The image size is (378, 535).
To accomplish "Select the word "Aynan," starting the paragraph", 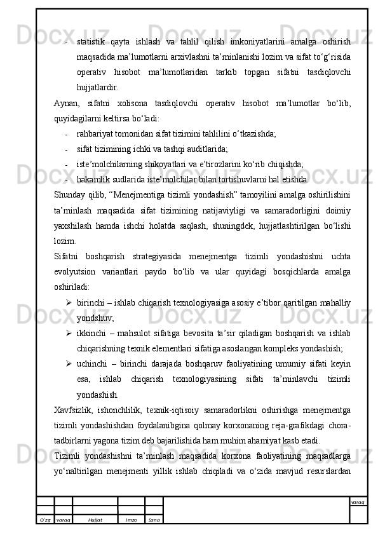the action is (67, 104).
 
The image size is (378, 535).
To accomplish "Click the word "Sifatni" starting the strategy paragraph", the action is (69, 256).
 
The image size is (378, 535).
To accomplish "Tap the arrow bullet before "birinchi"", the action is (67, 302).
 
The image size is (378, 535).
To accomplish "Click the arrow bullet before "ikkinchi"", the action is (67, 333).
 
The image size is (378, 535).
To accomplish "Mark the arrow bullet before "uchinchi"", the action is (67, 363).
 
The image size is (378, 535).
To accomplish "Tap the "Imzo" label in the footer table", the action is (131, 519).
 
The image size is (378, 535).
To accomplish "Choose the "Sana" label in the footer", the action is (154, 519).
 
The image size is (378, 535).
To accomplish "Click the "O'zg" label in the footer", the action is (45, 519).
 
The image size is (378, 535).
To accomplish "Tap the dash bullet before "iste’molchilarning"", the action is (67, 164).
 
